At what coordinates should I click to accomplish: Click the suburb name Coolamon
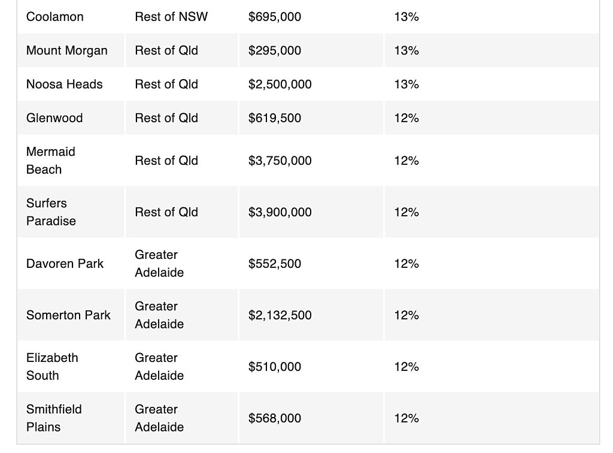[x=54, y=17]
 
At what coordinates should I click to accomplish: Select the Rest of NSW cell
[x=171, y=17]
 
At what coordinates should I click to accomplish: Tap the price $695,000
[x=274, y=17]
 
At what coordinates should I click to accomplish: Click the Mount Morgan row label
[x=67, y=51]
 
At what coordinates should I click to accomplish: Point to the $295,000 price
[x=274, y=50]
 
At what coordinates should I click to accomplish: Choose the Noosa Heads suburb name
[x=65, y=84]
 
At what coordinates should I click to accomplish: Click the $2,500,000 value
[x=280, y=84]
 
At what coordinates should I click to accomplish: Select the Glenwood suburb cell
[x=54, y=118]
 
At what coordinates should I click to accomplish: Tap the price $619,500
[x=274, y=118]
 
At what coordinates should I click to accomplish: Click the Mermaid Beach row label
[x=51, y=161]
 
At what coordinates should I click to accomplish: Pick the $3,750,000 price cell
[x=280, y=161]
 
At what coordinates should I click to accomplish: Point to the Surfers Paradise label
[x=51, y=212]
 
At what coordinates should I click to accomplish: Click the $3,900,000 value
[x=280, y=212]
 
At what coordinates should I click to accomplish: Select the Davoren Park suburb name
[x=65, y=264]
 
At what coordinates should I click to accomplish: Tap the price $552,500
[x=274, y=264]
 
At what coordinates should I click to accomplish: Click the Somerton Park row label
[x=68, y=315]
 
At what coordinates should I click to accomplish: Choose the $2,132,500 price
[x=280, y=315]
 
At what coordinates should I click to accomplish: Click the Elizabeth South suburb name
[x=53, y=367]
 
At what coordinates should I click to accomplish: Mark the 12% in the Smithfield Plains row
[x=406, y=418]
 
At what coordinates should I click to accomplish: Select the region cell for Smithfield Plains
[x=159, y=418]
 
